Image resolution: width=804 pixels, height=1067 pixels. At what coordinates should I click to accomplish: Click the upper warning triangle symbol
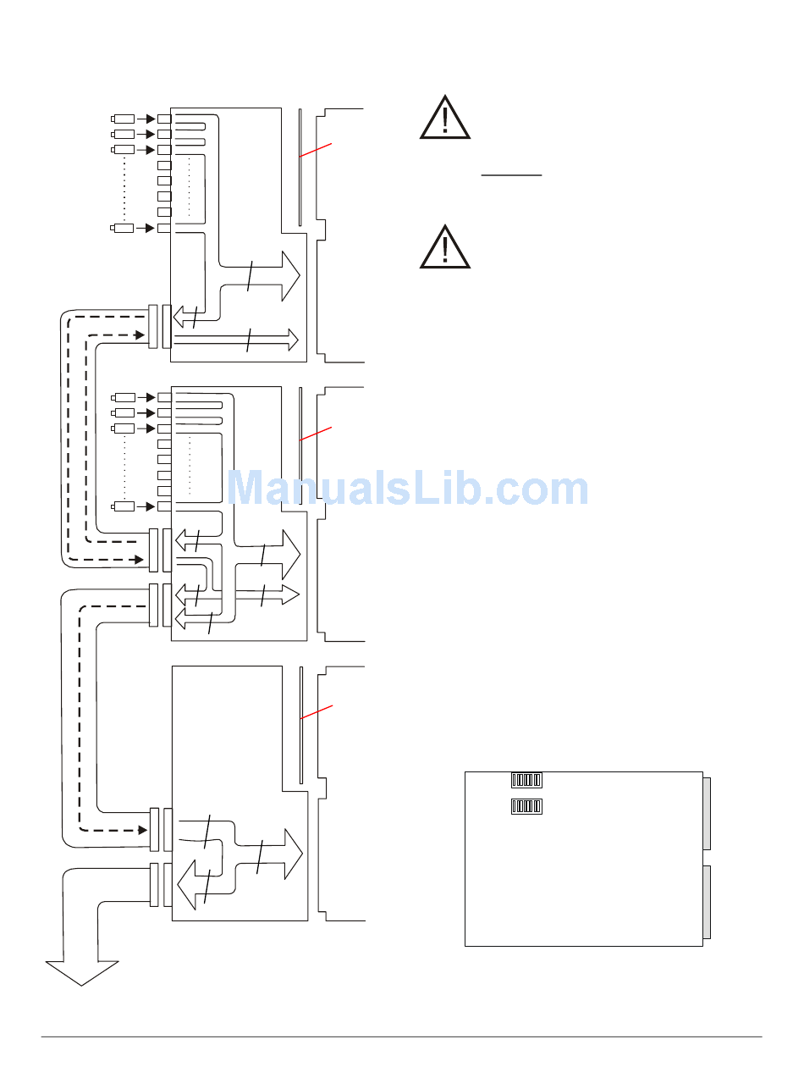click(x=445, y=118)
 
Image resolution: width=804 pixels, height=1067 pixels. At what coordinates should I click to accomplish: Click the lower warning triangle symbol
click(x=445, y=247)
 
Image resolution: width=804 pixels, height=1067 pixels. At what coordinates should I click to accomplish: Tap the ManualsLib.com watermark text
click(x=409, y=489)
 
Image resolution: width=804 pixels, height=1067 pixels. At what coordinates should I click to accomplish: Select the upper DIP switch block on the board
click(x=526, y=779)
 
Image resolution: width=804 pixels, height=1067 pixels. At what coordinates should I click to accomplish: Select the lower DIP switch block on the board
click(x=526, y=806)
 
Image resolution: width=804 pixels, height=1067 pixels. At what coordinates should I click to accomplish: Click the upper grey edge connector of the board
click(x=707, y=814)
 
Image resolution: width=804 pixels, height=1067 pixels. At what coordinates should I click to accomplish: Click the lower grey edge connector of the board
click(x=707, y=902)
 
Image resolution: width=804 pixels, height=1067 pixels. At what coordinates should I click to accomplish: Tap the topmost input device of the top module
click(x=124, y=119)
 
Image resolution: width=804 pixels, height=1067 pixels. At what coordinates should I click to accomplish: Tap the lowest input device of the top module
click(x=124, y=228)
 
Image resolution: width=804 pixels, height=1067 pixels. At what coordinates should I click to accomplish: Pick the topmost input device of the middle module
click(x=124, y=397)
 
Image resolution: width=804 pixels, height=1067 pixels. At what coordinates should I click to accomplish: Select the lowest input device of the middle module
click(x=124, y=506)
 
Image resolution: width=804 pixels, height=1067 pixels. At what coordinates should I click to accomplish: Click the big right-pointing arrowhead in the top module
click(x=290, y=275)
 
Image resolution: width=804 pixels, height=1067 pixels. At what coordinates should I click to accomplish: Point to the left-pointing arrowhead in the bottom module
click(x=184, y=887)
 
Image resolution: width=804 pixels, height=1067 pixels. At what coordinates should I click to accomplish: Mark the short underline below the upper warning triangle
click(x=511, y=175)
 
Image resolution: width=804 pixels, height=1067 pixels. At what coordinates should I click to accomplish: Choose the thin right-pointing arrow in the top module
click(x=292, y=340)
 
